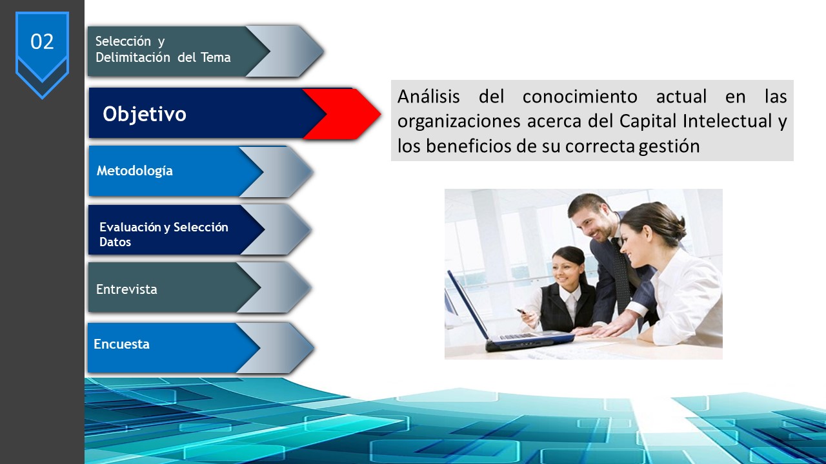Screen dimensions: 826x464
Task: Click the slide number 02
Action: [42, 42]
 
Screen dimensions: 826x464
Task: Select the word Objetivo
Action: [145, 114]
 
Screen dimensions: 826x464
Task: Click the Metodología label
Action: [135, 171]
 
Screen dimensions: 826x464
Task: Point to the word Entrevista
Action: [126, 289]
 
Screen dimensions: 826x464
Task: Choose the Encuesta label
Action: [122, 344]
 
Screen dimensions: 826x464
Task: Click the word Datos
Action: [115, 242]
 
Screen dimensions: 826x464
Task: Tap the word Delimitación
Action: [133, 57]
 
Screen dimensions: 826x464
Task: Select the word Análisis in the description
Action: [428, 97]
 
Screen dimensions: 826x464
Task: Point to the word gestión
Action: [669, 146]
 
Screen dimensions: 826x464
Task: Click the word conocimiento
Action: [579, 97]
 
